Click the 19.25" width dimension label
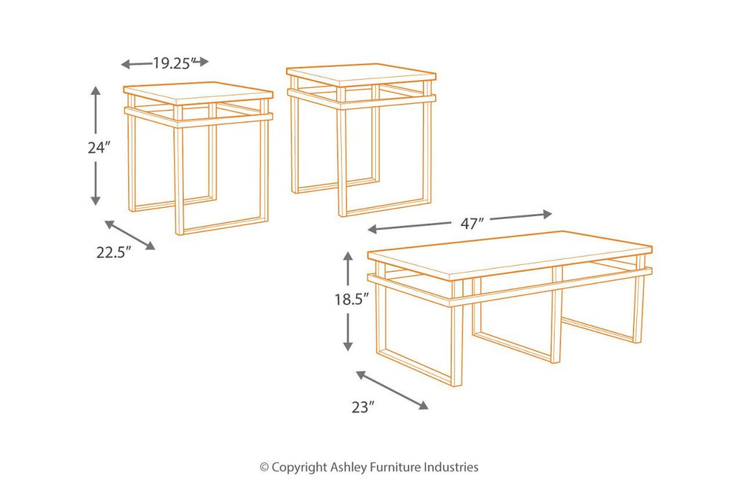tap(172, 63)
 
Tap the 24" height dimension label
tap(99, 148)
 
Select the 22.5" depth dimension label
tap(113, 252)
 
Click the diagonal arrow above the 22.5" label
tap(129, 234)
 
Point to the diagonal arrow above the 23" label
tap(392, 390)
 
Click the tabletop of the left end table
tap(198, 92)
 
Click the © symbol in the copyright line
tap(264, 468)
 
